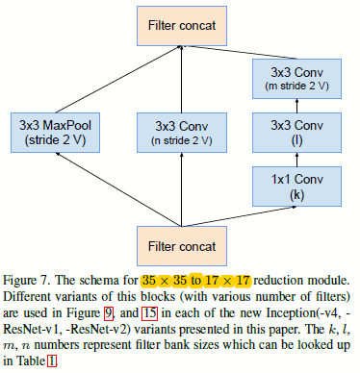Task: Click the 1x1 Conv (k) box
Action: (x=297, y=184)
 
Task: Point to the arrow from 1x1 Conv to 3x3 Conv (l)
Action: (x=297, y=158)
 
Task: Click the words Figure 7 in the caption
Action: (x=29, y=279)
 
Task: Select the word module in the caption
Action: (x=333, y=279)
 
